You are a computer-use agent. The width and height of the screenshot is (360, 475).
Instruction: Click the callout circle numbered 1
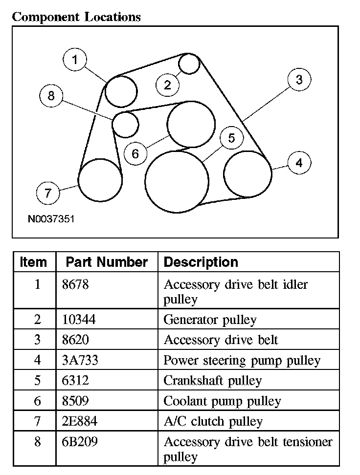pos(75,60)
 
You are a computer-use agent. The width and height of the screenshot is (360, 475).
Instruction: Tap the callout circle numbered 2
pos(168,86)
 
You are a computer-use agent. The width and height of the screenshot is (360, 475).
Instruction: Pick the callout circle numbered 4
pos(299,163)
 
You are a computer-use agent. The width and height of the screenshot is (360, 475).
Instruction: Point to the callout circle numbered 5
pos(231,138)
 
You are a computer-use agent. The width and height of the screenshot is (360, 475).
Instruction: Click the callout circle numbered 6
pos(135,154)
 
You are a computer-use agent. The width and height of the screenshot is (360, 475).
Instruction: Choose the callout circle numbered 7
pos(48,193)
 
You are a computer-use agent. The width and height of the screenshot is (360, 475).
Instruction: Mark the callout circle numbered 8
pos(51,96)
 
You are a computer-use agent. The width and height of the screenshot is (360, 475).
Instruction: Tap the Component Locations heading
pos(76,17)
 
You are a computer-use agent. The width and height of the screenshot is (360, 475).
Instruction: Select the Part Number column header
pos(107,262)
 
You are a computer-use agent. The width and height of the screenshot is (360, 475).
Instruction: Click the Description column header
pos(201,262)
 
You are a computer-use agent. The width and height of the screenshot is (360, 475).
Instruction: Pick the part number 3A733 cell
pos(80,361)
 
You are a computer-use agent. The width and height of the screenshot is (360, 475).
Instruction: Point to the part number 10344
pos(79,320)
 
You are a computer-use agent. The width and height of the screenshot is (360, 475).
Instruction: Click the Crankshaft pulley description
pos(212,381)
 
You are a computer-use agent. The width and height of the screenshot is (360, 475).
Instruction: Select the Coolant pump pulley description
pos(222,401)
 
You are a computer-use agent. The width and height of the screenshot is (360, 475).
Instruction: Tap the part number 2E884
pos(80,421)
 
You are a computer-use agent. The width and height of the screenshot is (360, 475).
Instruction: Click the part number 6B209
pos(80,442)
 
